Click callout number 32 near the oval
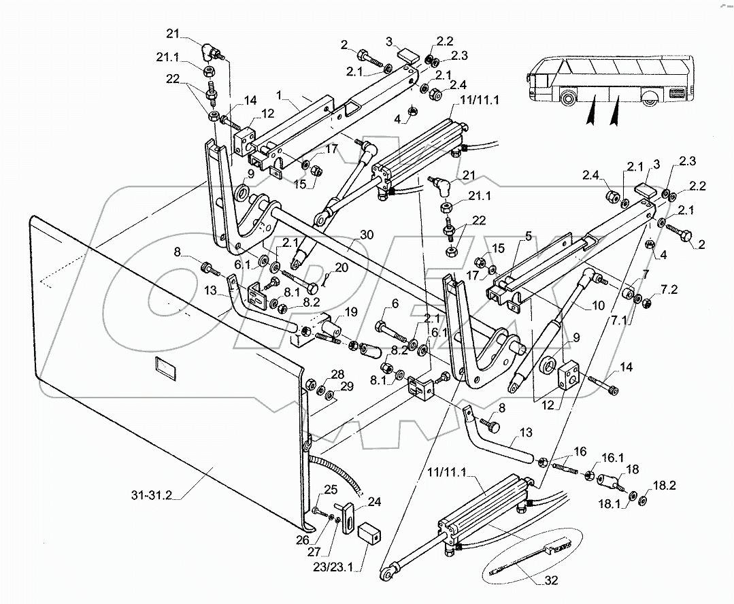click(552, 580)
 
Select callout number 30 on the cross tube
click(367, 234)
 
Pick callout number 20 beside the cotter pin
click(341, 267)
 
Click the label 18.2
click(665, 485)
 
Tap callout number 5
click(528, 236)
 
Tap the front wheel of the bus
click(569, 99)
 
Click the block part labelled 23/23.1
click(369, 535)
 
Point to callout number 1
click(280, 95)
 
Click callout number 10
click(598, 305)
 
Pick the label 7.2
click(669, 289)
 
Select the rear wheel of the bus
click(649, 99)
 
